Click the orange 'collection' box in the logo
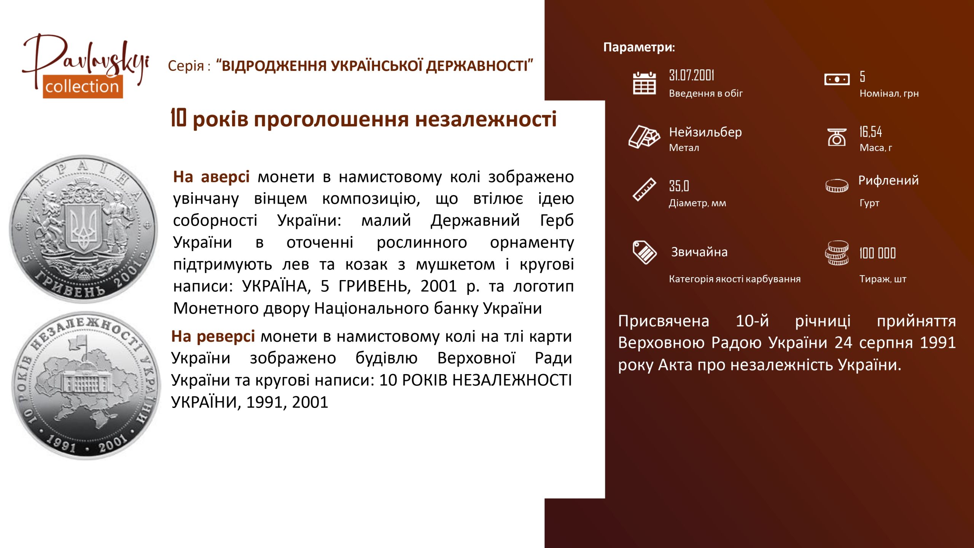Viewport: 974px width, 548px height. pyautogui.click(x=83, y=87)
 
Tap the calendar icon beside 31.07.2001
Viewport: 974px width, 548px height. pyautogui.click(x=644, y=83)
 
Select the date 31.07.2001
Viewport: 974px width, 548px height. pyautogui.click(x=691, y=75)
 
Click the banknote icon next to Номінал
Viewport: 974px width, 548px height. pyautogui.click(x=837, y=80)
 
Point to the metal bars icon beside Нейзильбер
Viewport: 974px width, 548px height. pyautogui.click(x=644, y=136)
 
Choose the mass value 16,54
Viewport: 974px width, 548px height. pyautogui.click(x=871, y=132)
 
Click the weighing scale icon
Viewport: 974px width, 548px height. pyautogui.click(x=837, y=137)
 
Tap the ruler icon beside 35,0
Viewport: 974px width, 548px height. pyautogui.click(x=644, y=189)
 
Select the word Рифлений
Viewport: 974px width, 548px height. pyautogui.click(x=888, y=180)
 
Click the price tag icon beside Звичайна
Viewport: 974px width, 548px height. pyautogui.click(x=644, y=252)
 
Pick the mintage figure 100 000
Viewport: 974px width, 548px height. pyautogui.click(x=877, y=253)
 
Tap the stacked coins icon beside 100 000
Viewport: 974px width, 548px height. pyautogui.click(x=837, y=253)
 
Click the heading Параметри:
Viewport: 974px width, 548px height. pyautogui.click(x=639, y=47)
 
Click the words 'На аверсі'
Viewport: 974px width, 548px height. pyautogui.click(x=211, y=177)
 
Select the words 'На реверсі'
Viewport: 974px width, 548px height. pyautogui.click(x=213, y=336)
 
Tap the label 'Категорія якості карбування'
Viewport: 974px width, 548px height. pyautogui.click(x=735, y=279)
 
